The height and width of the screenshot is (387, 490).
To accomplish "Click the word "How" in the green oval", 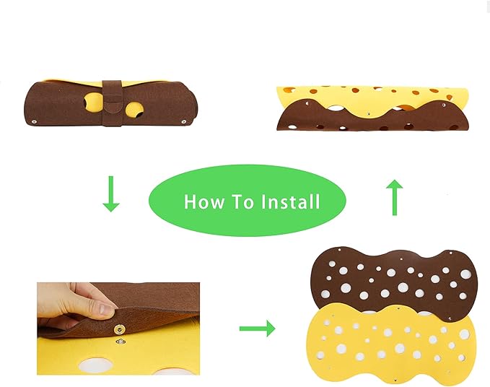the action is pos(204,201).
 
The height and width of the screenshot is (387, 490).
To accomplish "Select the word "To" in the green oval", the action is pos(242,201).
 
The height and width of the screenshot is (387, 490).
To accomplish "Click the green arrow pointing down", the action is pos(111,193).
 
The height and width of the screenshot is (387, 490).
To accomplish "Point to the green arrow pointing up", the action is pos(394,198).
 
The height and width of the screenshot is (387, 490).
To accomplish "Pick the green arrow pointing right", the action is pos(257,329).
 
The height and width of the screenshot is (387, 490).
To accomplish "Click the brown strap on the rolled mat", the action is pos(112,103).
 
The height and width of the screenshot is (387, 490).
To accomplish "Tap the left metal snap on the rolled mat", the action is pos(34,121).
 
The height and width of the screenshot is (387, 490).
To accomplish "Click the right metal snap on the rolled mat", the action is pos(184,121).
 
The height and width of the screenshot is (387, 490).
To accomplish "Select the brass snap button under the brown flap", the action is pos(119,329).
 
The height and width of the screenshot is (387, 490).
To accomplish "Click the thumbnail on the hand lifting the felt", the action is pos(105,309).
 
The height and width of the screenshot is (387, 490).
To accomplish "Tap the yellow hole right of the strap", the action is pos(134,110).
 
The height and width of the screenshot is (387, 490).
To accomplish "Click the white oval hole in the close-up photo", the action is pos(94,365).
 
